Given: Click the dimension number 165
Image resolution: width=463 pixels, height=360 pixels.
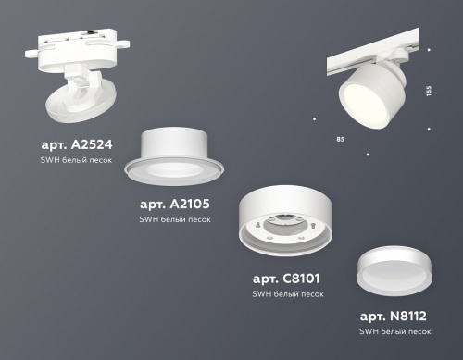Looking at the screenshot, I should click(428, 93).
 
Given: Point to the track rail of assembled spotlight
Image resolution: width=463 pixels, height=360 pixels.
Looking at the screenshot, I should click(380, 52).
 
